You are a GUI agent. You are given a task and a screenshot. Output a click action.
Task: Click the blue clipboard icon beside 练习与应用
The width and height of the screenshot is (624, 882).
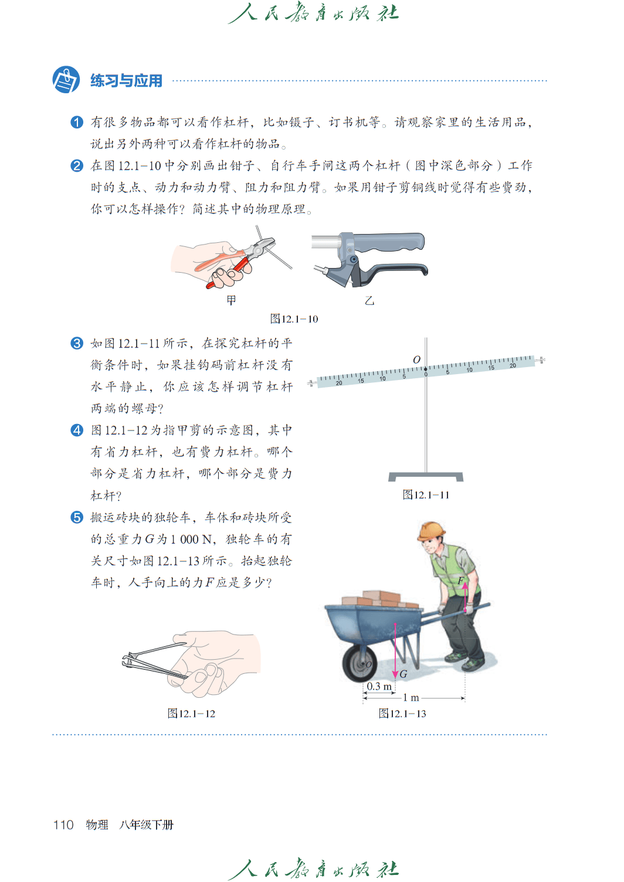(x=66, y=80)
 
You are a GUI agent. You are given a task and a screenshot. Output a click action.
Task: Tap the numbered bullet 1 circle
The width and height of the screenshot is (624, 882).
(x=77, y=122)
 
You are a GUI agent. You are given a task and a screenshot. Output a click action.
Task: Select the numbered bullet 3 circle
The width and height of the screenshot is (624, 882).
(x=77, y=343)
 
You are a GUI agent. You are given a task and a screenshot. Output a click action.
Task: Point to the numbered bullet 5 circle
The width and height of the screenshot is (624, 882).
(x=77, y=517)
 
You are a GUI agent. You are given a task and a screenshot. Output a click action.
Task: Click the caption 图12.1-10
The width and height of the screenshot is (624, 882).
(x=294, y=319)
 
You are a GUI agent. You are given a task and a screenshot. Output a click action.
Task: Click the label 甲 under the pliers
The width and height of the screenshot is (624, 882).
(x=232, y=301)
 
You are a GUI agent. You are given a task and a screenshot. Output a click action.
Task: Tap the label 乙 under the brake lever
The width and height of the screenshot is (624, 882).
(x=369, y=301)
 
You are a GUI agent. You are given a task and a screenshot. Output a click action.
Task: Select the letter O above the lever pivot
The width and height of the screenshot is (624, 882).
(x=416, y=360)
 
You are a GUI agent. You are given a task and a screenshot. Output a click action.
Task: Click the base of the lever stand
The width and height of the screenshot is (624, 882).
(x=426, y=477)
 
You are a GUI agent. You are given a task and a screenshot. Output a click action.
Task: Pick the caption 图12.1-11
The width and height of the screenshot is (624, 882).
(x=426, y=495)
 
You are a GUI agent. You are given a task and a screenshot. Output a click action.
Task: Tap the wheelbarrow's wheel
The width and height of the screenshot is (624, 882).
(x=360, y=664)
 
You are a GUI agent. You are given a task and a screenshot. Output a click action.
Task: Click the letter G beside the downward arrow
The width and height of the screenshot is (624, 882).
(x=403, y=674)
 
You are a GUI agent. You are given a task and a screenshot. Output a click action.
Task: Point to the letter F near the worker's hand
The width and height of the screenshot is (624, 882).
(x=460, y=581)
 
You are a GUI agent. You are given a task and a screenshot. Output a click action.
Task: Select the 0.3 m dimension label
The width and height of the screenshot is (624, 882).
(x=379, y=686)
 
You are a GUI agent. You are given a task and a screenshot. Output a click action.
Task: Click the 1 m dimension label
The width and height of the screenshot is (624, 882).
(x=411, y=698)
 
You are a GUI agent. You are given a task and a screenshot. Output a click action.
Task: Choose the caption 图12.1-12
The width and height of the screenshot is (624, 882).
(x=191, y=714)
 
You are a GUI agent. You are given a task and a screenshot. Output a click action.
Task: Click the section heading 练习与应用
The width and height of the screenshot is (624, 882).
(x=126, y=81)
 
